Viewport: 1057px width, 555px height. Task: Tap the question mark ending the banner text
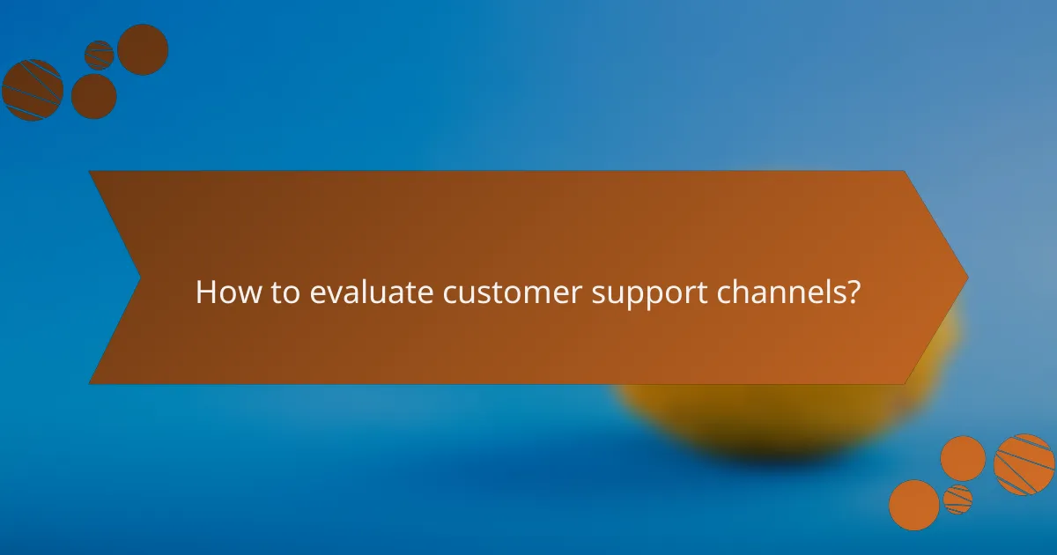tap(853, 292)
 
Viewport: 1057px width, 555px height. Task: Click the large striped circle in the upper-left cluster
tap(33, 90)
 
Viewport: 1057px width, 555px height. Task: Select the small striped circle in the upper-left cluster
tap(100, 55)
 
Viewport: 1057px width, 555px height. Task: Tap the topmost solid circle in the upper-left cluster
tap(143, 49)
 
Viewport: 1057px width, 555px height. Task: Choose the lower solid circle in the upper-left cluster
tap(93, 96)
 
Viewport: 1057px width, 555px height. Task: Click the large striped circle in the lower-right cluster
tap(1024, 464)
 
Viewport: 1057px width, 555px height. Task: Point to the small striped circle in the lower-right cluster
tap(957, 499)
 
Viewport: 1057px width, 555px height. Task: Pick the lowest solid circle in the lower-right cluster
tap(913, 505)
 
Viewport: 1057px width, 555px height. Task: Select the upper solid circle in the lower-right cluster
tap(963, 458)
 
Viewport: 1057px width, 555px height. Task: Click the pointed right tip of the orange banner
tap(965, 277)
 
